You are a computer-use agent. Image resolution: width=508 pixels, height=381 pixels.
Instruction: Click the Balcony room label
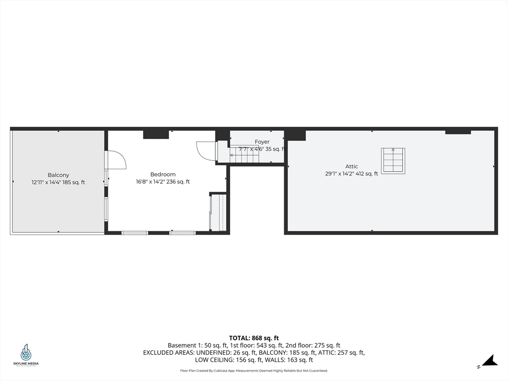[59, 175]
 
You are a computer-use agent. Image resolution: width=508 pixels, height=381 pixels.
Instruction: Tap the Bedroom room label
[163, 174]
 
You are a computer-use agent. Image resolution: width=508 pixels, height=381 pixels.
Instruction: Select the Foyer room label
[262, 142]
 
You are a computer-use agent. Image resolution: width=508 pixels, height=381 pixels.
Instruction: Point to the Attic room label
[352, 166]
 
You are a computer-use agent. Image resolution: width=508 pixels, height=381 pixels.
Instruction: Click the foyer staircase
[244, 155]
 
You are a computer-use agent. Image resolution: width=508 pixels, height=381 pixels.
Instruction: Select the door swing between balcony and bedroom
[116, 160]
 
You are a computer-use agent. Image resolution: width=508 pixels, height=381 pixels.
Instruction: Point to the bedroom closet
[219, 212]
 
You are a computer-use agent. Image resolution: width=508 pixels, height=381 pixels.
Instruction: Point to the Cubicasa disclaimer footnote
[254, 371]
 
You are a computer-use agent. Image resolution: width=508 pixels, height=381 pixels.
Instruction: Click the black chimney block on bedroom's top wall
[156, 134]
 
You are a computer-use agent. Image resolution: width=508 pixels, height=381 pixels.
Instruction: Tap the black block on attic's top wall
[457, 131]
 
